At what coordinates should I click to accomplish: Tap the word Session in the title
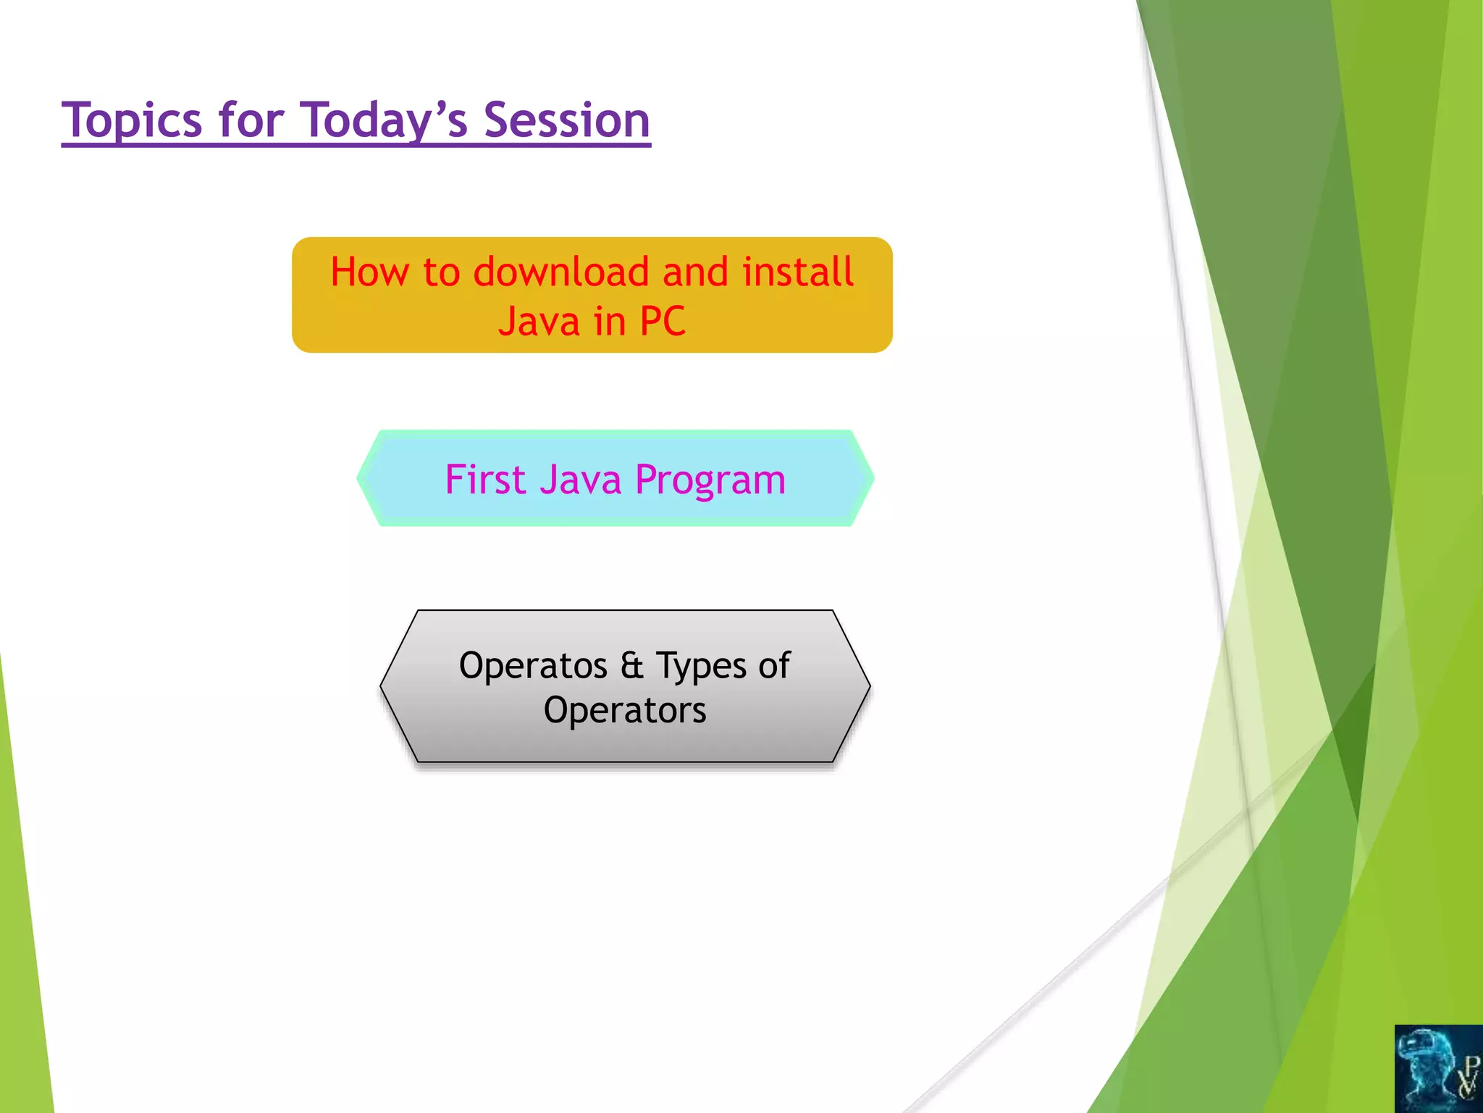point(566,120)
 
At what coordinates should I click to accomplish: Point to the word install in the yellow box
point(797,272)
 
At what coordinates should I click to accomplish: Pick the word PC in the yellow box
point(662,322)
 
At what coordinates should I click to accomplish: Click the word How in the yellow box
point(369,272)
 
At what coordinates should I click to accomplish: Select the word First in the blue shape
point(484,480)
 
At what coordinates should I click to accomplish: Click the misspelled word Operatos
point(533,667)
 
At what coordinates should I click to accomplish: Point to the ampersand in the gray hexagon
point(631,665)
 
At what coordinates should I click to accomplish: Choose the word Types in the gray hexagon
point(700,667)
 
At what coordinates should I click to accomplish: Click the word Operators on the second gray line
point(625,710)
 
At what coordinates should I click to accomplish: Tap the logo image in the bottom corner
point(1438,1068)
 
